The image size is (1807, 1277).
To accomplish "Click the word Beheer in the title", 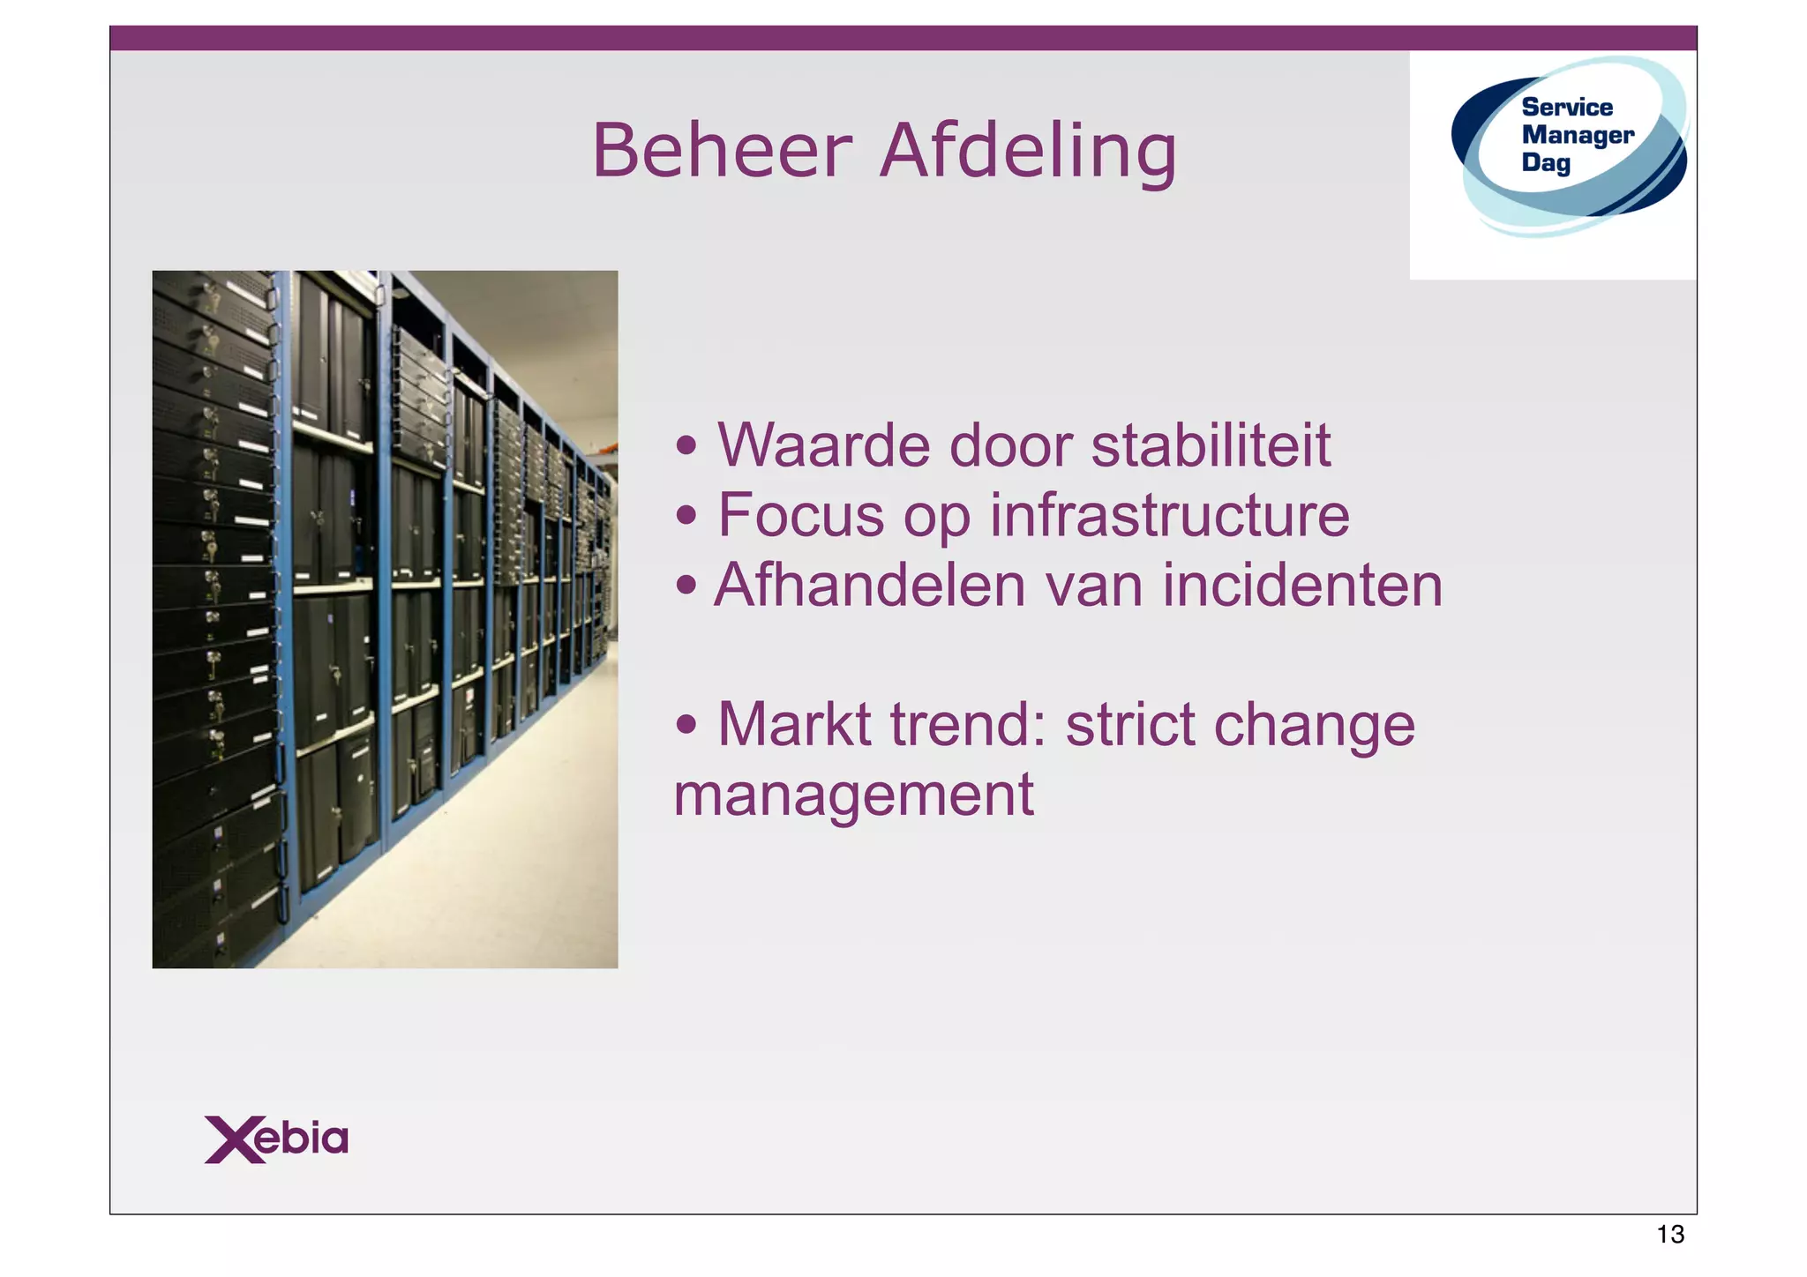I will pos(722,150).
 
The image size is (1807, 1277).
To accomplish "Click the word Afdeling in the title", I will pos(1028,152).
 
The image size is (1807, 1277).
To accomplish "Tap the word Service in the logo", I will pos(1567,108).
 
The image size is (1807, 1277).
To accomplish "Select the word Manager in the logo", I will pos(1578,135).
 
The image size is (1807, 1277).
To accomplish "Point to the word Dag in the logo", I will pos(1546,162).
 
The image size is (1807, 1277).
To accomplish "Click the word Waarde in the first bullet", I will pos(823,445).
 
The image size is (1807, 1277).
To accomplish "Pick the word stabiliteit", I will pos(1211,445).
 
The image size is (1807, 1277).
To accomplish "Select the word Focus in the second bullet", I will pos(800,515).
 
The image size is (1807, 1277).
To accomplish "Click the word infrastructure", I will pos(1169,515).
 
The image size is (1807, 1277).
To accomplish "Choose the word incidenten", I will pos(1302,586).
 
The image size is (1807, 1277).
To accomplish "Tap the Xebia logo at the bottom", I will pos(276,1139).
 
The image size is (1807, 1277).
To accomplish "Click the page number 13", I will pos(1670,1235).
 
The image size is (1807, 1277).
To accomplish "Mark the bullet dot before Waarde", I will pos(686,447).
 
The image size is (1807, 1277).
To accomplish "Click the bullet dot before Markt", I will pos(686,727).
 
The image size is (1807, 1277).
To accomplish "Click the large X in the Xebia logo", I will pos(232,1139).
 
